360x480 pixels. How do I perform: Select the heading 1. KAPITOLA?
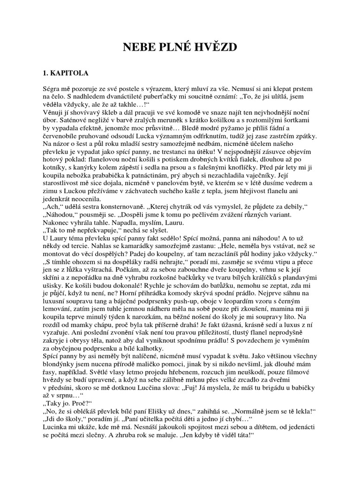[64, 73]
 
